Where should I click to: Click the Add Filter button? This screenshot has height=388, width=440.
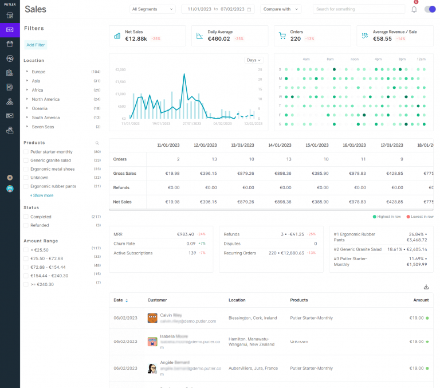coord(36,45)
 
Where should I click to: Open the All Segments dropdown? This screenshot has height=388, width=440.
coord(152,9)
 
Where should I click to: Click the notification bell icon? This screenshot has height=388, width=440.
coord(414,9)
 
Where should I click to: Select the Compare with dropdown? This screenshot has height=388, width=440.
coord(281,9)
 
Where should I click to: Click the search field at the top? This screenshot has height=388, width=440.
coord(358,9)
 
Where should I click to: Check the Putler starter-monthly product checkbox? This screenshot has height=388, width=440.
coord(26,152)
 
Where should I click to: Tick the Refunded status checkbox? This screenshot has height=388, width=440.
coord(26,225)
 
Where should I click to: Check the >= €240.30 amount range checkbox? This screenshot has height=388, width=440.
coord(26,284)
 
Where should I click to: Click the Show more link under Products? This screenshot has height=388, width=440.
coord(42,195)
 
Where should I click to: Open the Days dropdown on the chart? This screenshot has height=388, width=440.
coord(253,60)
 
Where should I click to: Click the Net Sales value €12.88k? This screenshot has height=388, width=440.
coord(136,39)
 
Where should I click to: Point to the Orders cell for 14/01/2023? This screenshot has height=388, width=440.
coord(288,159)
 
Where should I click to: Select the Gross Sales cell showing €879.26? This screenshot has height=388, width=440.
coord(244,173)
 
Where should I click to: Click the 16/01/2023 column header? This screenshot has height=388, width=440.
coord(355,145)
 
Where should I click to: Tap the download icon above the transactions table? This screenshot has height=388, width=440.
coord(426,287)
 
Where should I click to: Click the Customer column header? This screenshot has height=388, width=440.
coord(157,300)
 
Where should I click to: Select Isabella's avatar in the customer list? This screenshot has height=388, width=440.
coord(152,342)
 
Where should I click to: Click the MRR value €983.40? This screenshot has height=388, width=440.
coord(186,234)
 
